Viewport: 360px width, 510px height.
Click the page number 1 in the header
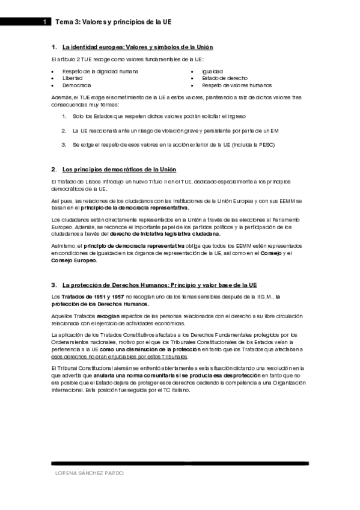click(44, 22)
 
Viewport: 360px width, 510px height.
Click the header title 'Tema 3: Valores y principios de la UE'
click(113, 22)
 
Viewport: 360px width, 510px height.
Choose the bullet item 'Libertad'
click(73, 78)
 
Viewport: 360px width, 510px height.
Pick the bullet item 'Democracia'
click(77, 85)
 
